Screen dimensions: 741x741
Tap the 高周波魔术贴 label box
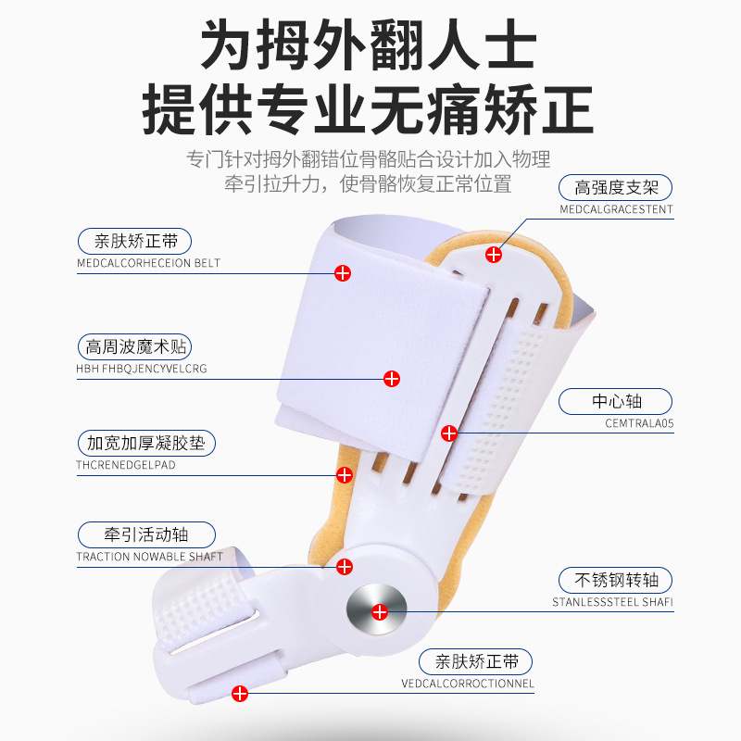pos(133,347)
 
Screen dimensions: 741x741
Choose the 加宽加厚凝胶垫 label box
pos(145,443)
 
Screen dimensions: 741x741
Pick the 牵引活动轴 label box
pos(145,534)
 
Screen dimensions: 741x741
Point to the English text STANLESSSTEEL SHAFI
pos(612,602)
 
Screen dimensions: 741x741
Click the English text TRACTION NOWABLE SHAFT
pos(149,557)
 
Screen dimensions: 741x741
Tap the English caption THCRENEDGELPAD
pos(126,465)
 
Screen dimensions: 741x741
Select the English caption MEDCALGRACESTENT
pos(616,209)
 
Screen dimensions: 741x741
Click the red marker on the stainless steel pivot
pos(379,610)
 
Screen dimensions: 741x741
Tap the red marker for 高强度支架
pos(494,253)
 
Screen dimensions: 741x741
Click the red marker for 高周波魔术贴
pos(392,378)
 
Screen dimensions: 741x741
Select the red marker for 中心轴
pos(449,433)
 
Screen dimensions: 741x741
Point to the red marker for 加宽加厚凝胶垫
pos(345,474)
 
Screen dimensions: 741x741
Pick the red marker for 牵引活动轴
pos(345,566)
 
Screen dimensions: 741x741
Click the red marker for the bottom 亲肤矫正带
pos(241,692)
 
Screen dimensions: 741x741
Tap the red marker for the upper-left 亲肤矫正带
pos(343,272)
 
